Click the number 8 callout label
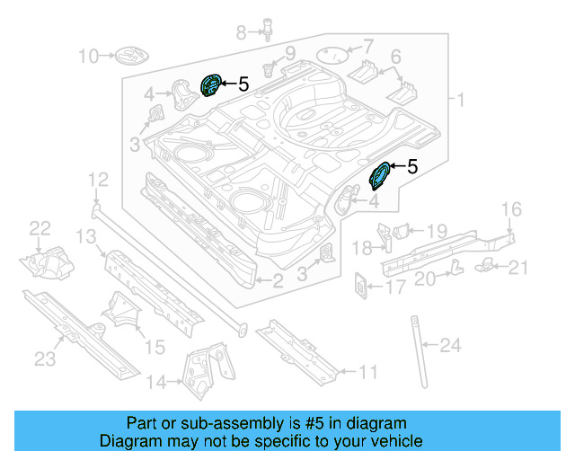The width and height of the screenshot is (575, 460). pos(241,33)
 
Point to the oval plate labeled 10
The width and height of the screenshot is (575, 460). pos(128,57)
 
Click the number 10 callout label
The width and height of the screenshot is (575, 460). pos(88,57)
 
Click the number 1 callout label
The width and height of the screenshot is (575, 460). pos(460,100)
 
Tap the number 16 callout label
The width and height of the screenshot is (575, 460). pos(510,210)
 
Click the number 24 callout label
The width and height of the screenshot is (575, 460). pos(450,344)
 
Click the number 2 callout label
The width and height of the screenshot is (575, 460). pos(278,281)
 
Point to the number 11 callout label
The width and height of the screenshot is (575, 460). pos(367,371)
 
